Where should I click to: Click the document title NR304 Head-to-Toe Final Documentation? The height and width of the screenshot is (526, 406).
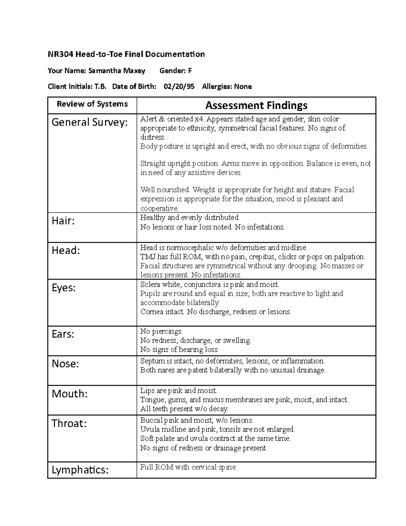click(x=126, y=54)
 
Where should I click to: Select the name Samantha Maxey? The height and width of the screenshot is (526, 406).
click(x=116, y=70)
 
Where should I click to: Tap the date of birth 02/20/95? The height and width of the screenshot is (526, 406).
click(x=179, y=86)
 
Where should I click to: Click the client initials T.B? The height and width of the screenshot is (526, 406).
click(x=100, y=86)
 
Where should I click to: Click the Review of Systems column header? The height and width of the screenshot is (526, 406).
click(x=92, y=104)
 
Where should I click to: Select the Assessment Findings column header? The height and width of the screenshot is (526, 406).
click(x=256, y=105)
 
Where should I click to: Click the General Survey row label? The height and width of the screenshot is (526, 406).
click(x=90, y=122)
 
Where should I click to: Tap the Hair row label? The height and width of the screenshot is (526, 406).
click(x=63, y=221)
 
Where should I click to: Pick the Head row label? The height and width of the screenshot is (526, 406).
click(x=66, y=250)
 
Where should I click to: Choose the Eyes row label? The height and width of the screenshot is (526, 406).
click(x=63, y=288)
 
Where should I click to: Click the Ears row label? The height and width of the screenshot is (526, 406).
click(x=63, y=334)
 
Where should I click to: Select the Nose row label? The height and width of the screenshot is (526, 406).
click(x=65, y=364)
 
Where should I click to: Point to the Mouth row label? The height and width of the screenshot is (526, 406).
click(x=69, y=394)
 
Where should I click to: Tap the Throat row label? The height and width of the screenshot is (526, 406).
click(x=69, y=423)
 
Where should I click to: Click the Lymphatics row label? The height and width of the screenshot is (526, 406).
click(x=80, y=470)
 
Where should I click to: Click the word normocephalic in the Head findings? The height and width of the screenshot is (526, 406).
click(x=187, y=248)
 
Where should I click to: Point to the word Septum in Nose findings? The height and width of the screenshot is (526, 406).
click(x=152, y=361)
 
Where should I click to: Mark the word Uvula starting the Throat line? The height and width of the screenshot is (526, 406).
click(x=149, y=429)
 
